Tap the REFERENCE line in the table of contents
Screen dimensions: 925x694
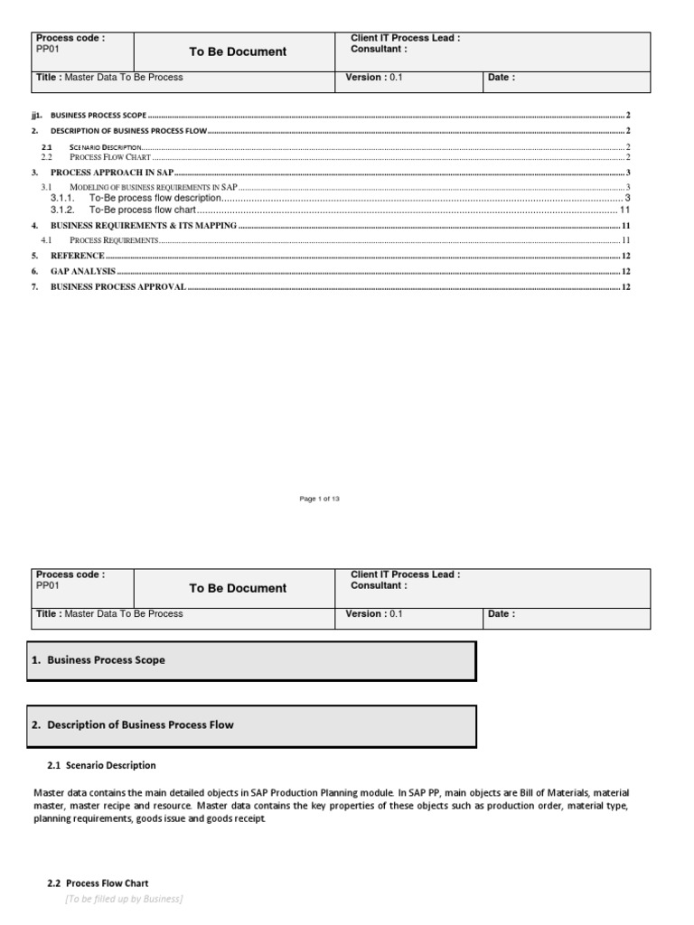(77, 256)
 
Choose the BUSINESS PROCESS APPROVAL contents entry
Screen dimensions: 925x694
(118, 286)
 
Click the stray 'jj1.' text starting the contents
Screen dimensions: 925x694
(37, 117)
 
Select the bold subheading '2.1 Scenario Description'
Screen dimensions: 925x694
(101, 765)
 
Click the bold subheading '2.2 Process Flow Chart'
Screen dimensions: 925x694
(98, 883)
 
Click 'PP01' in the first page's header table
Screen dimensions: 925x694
(47, 50)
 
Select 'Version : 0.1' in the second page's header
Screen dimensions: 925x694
(374, 613)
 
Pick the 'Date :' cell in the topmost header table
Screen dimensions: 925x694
(502, 78)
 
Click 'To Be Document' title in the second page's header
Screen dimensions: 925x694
(238, 588)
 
